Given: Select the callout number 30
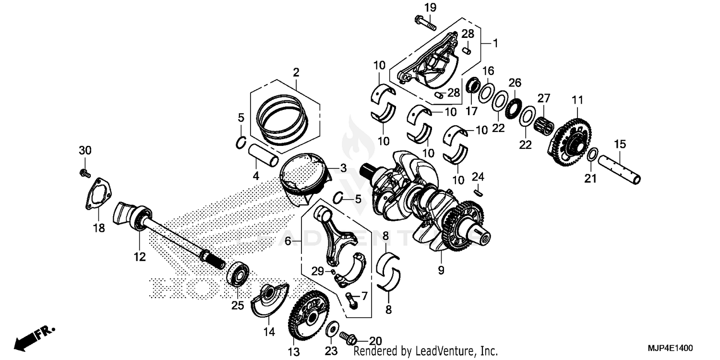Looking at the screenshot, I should point(84,151).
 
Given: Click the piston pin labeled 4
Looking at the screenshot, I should point(263,154).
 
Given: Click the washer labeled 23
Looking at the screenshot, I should point(331,330).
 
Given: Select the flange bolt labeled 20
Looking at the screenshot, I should point(348,337).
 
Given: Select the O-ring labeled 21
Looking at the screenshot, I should point(593,155).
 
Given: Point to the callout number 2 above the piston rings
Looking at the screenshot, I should point(296,72).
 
